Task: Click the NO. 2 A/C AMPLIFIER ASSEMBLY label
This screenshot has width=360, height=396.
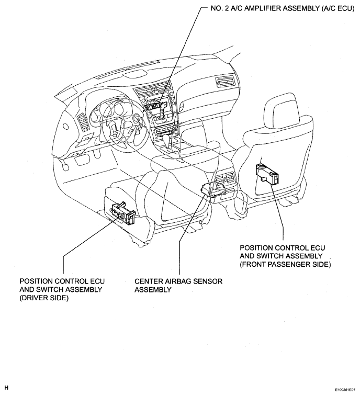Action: (x=283, y=8)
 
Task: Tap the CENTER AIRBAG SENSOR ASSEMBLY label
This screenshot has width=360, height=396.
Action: (x=178, y=286)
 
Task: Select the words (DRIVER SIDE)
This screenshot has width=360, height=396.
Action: (x=44, y=298)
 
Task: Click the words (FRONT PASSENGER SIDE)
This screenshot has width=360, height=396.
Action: (x=285, y=264)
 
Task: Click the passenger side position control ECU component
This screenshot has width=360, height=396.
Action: (x=267, y=174)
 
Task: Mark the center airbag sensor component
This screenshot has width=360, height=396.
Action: (x=212, y=189)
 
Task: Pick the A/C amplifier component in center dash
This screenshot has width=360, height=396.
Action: (x=157, y=104)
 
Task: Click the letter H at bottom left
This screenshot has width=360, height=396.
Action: (x=7, y=388)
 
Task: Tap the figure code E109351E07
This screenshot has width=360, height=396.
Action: (x=345, y=390)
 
